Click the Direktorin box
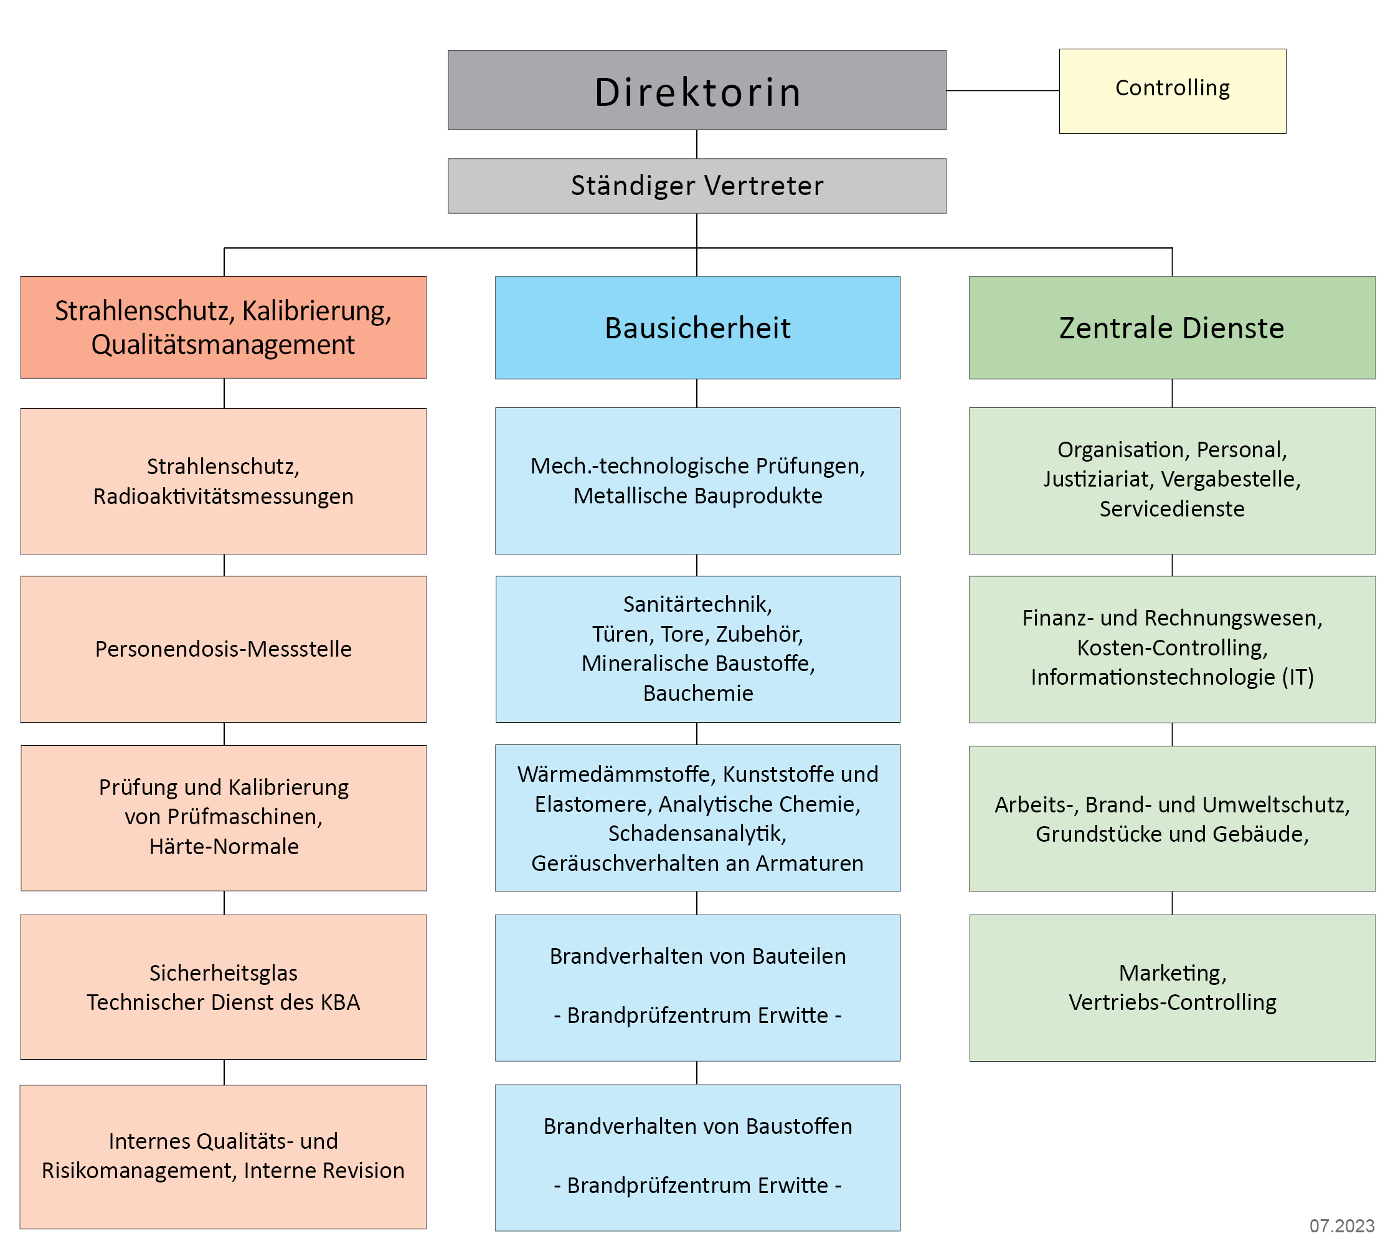[697, 90]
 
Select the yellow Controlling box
[1172, 91]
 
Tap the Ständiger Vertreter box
[697, 186]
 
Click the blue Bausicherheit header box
[697, 327]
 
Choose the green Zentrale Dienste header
[1172, 327]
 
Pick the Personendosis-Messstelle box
[224, 649]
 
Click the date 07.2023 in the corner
[1342, 1225]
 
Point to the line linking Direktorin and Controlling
[1003, 90]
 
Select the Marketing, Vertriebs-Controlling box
[1172, 987]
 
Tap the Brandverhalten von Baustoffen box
[697, 1158]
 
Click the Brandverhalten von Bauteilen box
[697, 987]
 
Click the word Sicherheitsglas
[224, 973]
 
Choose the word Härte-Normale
[224, 846]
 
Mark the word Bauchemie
[698, 693]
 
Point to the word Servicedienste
[1172, 508]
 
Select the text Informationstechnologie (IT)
[1172, 677]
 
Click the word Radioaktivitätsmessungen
[224, 497]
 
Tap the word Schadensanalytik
[697, 833]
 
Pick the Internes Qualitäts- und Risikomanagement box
[224, 1157]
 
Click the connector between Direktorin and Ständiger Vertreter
[697, 145]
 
